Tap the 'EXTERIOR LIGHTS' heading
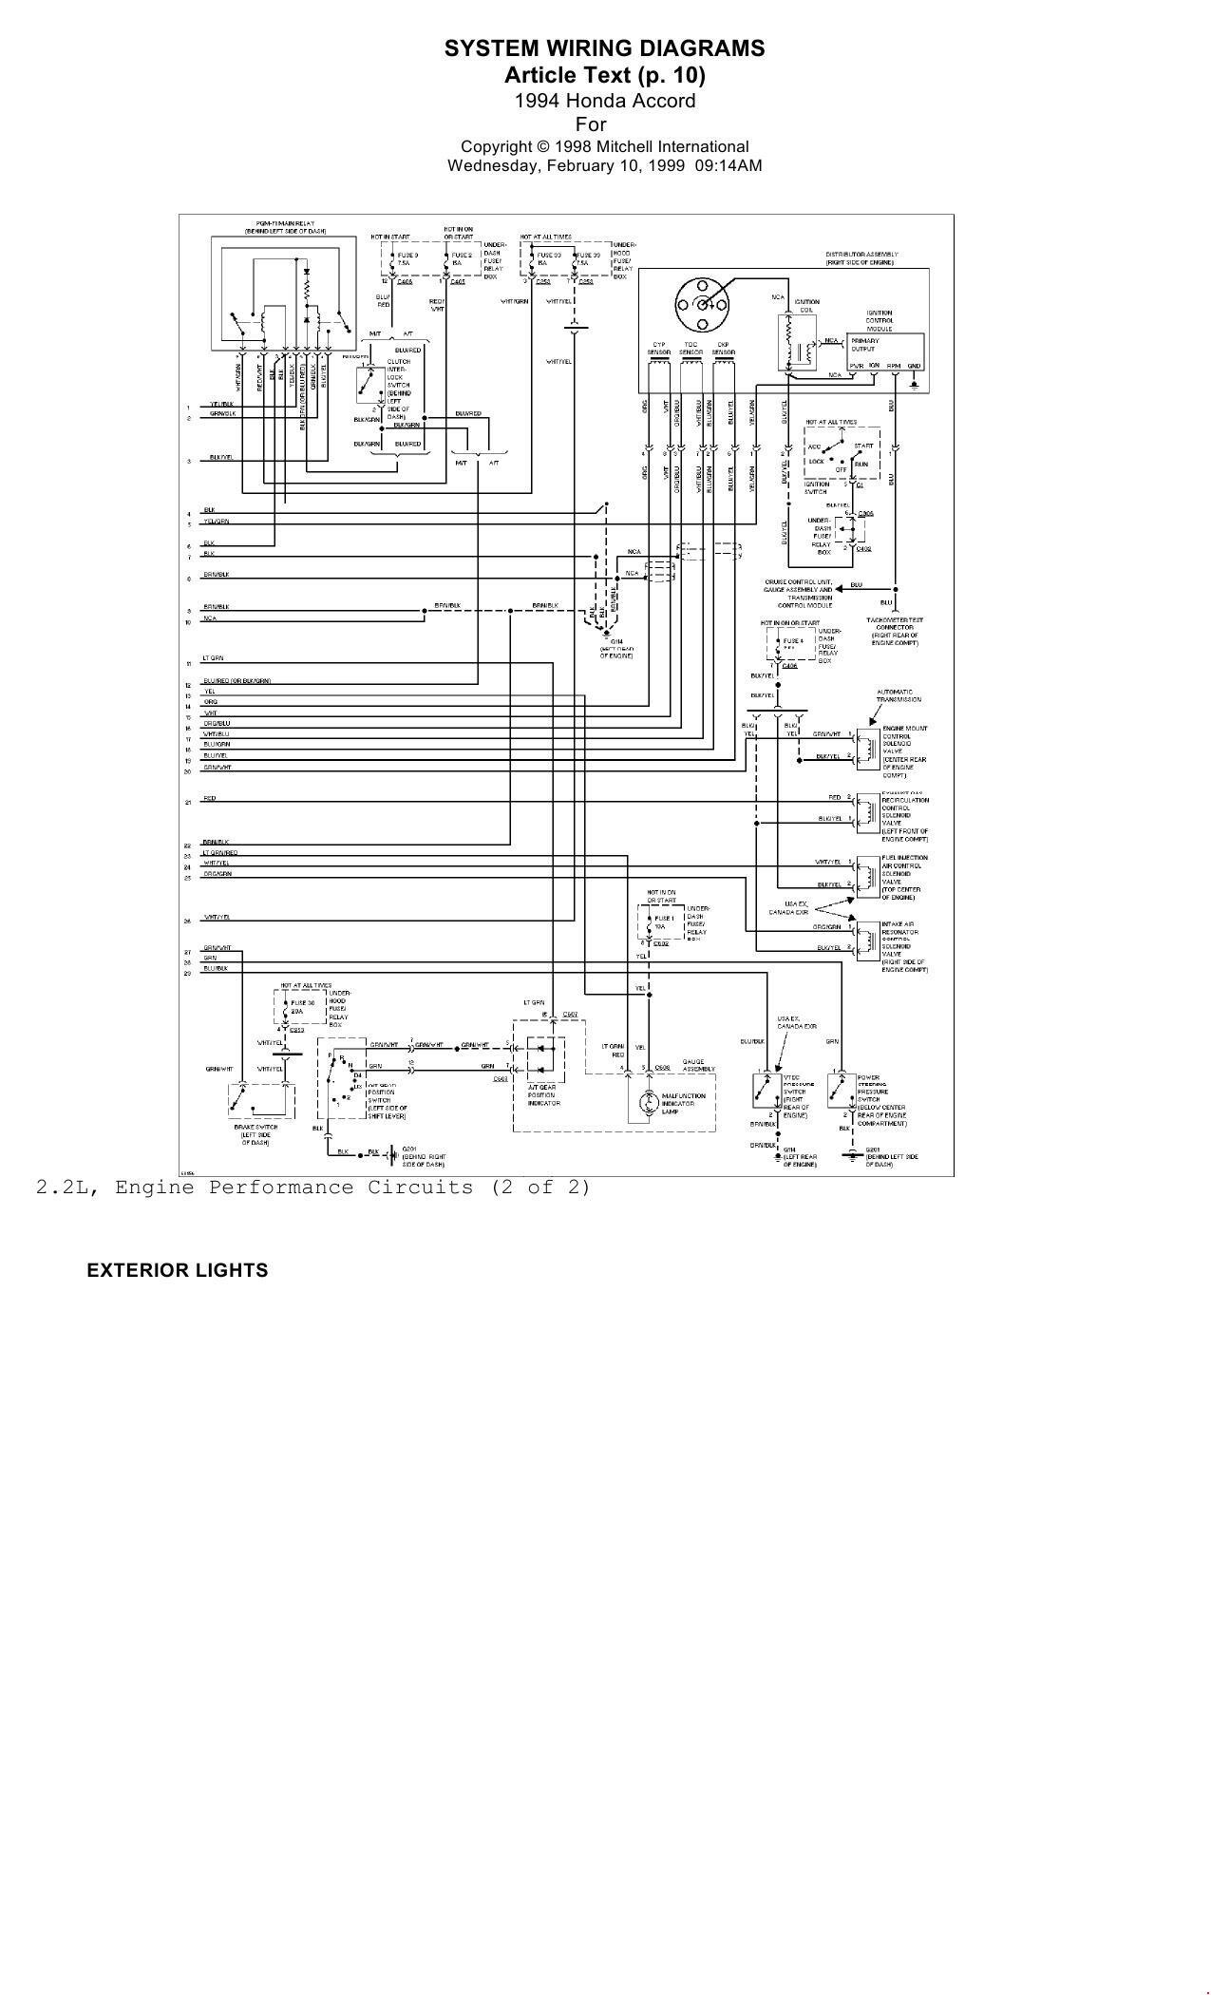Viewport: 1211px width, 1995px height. [178, 1270]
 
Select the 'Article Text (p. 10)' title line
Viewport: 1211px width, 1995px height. [604, 75]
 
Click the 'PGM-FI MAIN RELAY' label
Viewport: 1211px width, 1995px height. [285, 226]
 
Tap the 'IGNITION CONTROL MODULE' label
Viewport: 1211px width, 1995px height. [879, 320]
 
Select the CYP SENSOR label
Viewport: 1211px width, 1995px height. [659, 349]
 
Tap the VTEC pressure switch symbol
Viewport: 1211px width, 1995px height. [764, 1091]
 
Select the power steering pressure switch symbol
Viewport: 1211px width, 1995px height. [839, 1091]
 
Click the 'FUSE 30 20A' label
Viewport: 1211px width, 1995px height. [304, 1007]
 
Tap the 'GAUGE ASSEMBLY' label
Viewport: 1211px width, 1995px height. [692, 1064]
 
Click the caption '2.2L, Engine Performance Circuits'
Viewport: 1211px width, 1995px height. [313, 1187]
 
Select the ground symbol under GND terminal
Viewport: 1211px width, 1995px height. [914, 385]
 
